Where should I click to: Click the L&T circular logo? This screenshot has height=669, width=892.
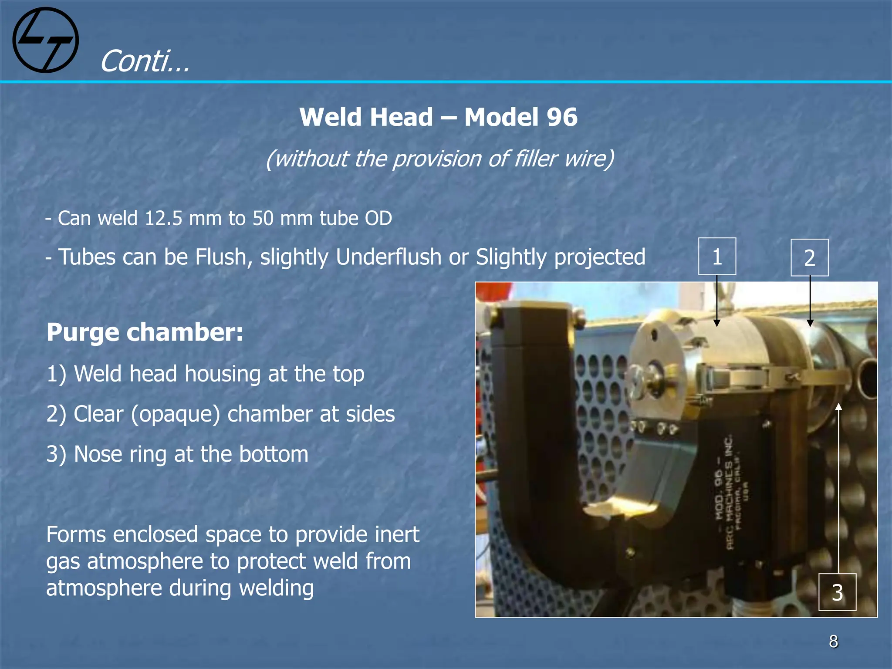[46, 40]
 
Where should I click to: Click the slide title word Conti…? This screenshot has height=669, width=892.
[145, 61]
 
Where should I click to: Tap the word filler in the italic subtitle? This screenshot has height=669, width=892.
[536, 158]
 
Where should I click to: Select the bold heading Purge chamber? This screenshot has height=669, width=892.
[145, 332]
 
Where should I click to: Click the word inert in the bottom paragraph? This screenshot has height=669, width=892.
[394, 534]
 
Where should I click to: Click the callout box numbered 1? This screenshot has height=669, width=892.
[717, 257]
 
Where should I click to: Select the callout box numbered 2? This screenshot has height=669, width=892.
[809, 257]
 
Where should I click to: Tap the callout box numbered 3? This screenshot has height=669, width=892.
[837, 592]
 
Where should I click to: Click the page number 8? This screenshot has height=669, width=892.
[833, 641]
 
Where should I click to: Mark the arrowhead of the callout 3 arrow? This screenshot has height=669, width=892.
[838, 407]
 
